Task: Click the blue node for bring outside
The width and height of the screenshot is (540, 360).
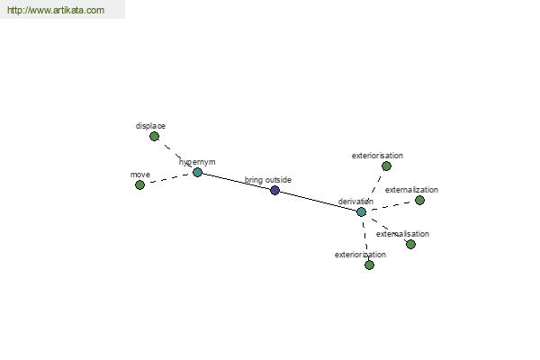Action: [274, 190]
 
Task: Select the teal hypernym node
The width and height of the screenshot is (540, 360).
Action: [197, 172]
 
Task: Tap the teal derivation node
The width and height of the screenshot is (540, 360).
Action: [361, 211]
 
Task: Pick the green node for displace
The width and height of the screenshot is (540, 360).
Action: [154, 137]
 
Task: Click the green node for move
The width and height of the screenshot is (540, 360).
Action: [139, 185]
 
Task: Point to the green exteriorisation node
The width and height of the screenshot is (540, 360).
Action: [386, 166]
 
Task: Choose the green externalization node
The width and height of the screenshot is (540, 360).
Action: [419, 200]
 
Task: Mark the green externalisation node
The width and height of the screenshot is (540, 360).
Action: [410, 244]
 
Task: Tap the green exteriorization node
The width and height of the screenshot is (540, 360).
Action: [369, 265]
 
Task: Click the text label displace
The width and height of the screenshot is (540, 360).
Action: [150, 126]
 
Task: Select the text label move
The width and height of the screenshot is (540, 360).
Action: [140, 175]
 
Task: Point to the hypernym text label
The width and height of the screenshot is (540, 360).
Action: [197, 162]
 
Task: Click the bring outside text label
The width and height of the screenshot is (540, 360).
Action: [268, 180]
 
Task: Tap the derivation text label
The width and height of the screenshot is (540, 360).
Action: [355, 202]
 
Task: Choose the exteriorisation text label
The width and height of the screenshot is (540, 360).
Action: [377, 156]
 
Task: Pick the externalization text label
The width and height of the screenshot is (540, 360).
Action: [411, 190]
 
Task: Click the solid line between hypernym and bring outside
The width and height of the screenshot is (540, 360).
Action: [236, 181]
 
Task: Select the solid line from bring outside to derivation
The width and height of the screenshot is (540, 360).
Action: [318, 201]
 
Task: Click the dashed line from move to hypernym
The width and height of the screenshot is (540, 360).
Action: [168, 178]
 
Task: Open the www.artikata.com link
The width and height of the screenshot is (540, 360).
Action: [56, 10]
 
